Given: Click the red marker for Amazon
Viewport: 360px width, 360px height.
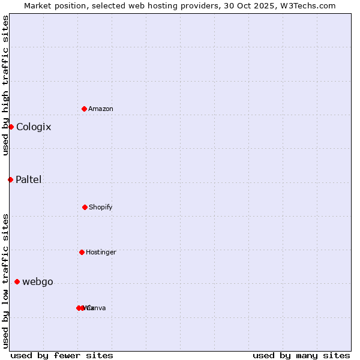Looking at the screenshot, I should coord(84,109).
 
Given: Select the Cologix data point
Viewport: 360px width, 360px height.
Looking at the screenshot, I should coord(11,127).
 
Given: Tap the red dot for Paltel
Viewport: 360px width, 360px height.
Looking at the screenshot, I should coord(10,179).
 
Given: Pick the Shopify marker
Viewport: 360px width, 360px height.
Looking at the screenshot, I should coord(85,207).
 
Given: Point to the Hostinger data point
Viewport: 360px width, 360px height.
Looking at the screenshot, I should coord(82,252).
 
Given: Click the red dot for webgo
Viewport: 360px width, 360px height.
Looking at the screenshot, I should coord(17,281).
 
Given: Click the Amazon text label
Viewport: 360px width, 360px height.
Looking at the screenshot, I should coord(101,109).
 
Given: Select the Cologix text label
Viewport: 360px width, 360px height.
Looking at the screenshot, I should coord(34,127).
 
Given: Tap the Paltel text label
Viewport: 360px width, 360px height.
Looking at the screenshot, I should coord(29,179).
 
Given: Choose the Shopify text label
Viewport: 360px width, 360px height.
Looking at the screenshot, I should coord(101,207).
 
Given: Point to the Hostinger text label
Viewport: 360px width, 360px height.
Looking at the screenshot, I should coord(101,252).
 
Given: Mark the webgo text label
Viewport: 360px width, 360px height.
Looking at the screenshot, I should coord(38,282).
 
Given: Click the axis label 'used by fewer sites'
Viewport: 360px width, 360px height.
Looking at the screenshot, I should coord(62,355).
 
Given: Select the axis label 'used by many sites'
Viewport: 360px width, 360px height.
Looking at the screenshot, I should coord(301,355).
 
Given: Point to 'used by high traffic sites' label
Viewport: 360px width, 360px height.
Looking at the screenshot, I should coord(5,85).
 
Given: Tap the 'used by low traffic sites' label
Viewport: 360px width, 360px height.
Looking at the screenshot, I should coord(5,281).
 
